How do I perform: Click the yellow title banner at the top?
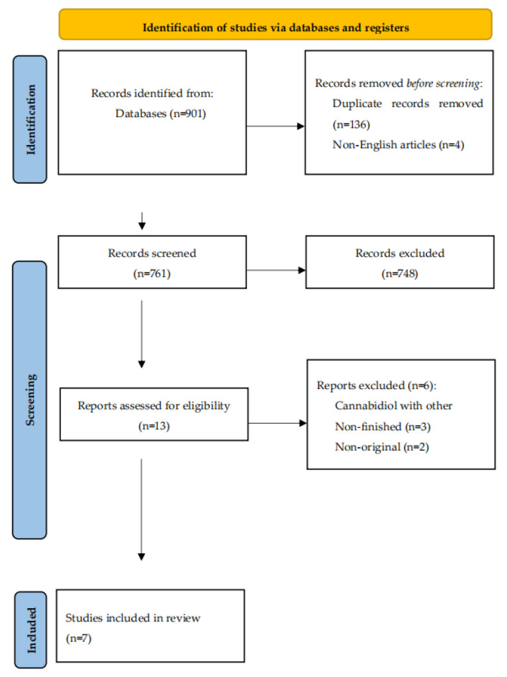[x=275, y=28]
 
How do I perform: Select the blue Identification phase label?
[x=30, y=118]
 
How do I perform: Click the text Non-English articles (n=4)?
[x=398, y=144]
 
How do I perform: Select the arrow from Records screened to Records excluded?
[x=275, y=269]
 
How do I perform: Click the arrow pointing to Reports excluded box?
[x=277, y=423]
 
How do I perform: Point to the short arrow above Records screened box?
[x=141, y=221]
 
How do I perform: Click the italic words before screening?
[x=445, y=83]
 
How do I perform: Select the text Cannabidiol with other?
[x=394, y=406]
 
